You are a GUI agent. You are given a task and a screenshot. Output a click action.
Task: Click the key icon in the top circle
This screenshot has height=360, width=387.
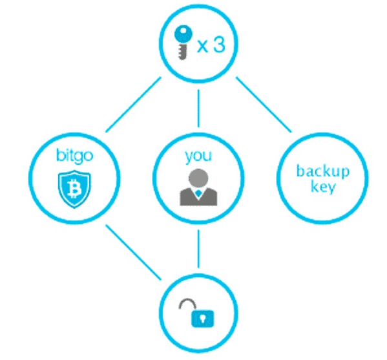pos(183,42)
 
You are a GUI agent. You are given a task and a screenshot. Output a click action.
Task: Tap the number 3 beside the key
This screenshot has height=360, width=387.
pos(219,45)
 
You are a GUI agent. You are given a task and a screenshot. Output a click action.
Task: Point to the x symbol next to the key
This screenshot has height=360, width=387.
pos(203,46)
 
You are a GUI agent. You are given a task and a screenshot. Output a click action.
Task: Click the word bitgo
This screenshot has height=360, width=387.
pos(75,156)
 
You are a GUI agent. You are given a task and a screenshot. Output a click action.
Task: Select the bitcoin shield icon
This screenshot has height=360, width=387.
pos(74,189)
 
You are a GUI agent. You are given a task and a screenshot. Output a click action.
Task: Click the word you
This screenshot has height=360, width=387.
pos(198,156)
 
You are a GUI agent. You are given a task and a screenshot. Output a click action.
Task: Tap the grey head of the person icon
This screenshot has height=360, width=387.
pos(198,178)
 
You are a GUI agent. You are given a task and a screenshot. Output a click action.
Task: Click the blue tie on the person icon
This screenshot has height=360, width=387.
pos(198,194)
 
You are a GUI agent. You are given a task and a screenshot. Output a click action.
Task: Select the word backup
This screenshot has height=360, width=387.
pos(323,171)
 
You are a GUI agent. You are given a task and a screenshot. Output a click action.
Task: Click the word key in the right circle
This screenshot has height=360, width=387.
pos(323,187)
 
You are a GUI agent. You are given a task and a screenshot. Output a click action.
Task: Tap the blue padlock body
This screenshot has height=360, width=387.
pos(203,319)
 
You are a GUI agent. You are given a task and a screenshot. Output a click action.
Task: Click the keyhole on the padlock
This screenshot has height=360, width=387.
pos(203,318)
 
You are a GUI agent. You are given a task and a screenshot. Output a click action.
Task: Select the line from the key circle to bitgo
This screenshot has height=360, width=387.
pos(133,105)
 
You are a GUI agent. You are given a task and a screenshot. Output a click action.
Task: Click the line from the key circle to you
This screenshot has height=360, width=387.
pos(198,109)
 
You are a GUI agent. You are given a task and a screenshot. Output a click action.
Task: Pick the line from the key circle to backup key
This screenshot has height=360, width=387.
pos(264,105)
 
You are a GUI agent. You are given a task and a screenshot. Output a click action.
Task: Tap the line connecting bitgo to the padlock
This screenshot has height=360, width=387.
pos(133,252)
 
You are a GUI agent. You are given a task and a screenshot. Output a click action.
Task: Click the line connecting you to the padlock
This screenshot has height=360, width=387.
pos(198,249)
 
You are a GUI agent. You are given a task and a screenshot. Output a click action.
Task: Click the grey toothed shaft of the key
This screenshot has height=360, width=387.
pos(183,52)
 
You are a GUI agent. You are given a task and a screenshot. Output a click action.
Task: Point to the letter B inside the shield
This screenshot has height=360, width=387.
pos(74,189)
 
